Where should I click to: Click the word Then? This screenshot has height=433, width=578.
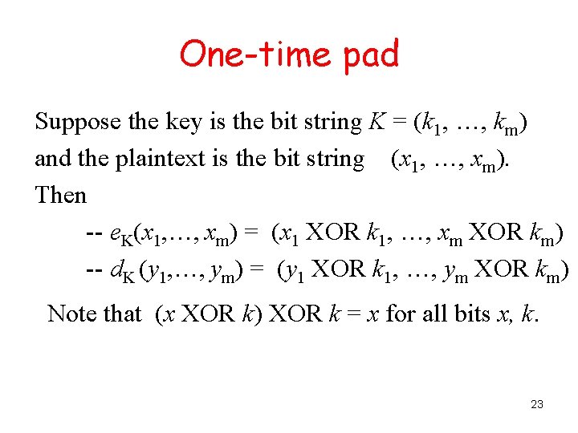(60, 195)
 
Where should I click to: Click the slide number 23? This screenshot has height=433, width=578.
(537, 404)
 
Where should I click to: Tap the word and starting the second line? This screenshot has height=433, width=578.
(53, 159)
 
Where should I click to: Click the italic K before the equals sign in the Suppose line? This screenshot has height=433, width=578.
(376, 123)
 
